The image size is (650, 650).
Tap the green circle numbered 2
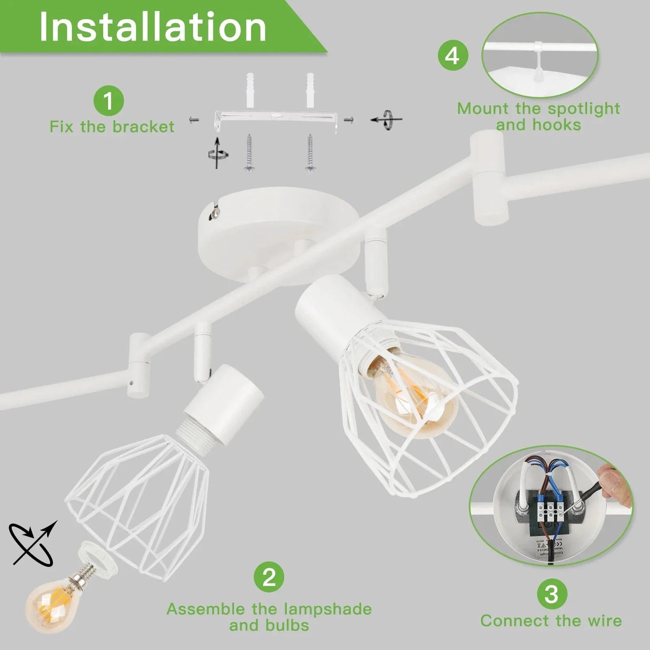(x=269, y=576)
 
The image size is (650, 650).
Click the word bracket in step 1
(x=143, y=127)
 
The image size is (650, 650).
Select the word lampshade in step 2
(x=327, y=609)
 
